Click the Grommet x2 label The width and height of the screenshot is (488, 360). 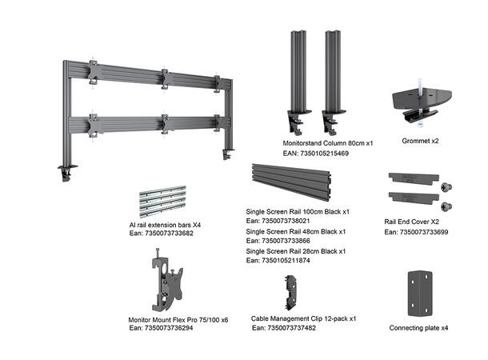[420, 142]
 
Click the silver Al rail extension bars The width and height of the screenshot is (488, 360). [162, 202]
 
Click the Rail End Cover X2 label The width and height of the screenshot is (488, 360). [411, 222]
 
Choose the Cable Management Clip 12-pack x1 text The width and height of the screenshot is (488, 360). [303, 318]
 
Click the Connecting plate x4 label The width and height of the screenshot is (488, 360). [418, 328]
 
